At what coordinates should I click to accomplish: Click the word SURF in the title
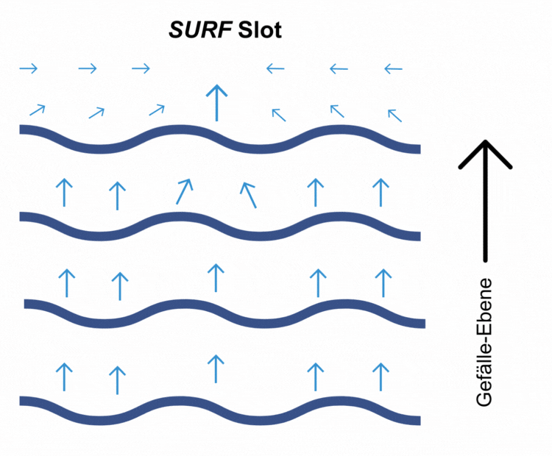click(200, 30)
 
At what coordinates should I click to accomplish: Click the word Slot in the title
click(260, 30)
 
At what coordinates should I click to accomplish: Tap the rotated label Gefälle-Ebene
click(484, 342)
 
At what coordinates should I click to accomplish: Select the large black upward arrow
click(485, 201)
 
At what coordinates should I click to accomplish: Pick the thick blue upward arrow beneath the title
click(216, 103)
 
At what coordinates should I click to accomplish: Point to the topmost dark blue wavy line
click(220, 139)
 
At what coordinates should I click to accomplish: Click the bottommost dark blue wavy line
click(220, 410)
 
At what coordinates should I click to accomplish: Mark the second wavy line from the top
click(220, 227)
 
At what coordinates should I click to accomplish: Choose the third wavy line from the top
click(224, 314)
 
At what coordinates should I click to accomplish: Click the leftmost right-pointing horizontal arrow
click(29, 68)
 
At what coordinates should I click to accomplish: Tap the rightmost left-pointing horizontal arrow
click(393, 68)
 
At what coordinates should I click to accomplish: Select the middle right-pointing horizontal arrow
click(88, 68)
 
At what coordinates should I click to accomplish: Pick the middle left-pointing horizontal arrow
click(339, 68)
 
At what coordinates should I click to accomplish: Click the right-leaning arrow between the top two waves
click(185, 191)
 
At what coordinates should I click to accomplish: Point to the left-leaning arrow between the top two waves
click(248, 195)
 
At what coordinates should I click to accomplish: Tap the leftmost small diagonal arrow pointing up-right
click(38, 110)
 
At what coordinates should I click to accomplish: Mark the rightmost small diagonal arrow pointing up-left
click(394, 115)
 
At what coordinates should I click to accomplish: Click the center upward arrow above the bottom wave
click(216, 368)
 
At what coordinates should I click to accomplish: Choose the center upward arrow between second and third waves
click(216, 278)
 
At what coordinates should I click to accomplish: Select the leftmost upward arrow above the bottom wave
click(64, 377)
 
